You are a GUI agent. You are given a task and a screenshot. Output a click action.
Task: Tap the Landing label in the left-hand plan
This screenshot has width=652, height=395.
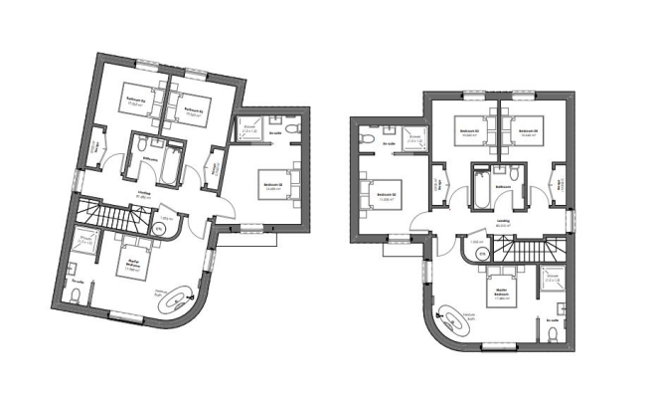[143, 197]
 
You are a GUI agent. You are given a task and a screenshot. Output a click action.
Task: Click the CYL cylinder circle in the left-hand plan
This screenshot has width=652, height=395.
[159, 229]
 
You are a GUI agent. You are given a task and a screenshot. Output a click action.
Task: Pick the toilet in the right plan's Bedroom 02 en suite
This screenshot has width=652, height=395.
[368, 137]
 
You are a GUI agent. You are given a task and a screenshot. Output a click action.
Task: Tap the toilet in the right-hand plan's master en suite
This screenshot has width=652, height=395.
[553, 335]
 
